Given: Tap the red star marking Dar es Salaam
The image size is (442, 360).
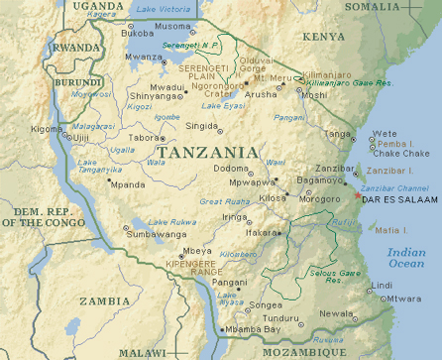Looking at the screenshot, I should point(358,194).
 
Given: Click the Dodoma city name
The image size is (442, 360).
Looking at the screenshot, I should point(231,169).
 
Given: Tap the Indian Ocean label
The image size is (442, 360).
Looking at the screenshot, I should point(406,259).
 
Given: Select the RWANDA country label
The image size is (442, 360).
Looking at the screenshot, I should point(77,47).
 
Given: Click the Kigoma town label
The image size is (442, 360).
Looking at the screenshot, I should point(46,129).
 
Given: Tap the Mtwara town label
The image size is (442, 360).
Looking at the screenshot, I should point(403,298).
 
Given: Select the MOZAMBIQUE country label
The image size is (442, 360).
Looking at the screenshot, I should point(304,351).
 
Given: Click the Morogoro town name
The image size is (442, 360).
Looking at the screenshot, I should point(320,198).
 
